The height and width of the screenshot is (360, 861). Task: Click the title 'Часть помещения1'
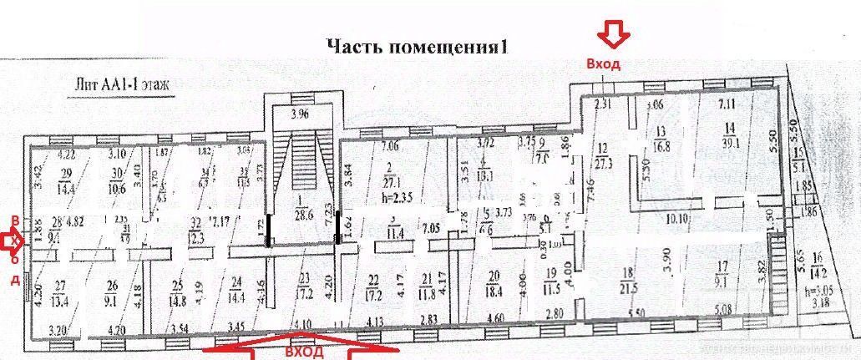(x=417, y=46)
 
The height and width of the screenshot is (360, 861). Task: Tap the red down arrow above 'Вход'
(x=615, y=35)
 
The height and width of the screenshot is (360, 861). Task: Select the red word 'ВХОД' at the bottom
(x=303, y=352)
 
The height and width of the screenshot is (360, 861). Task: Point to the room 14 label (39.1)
(x=731, y=134)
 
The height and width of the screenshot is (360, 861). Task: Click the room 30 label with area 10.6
(x=115, y=180)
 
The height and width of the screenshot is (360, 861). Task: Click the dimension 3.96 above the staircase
(x=299, y=115)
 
